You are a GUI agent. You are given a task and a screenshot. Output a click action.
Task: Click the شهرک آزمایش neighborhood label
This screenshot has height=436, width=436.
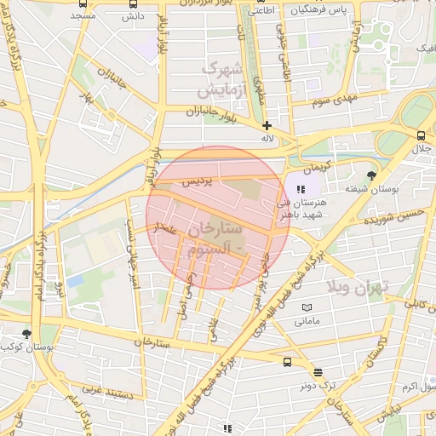pos(221,78)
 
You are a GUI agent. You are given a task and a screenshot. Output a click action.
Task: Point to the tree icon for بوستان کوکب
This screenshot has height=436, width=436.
pos(27,333)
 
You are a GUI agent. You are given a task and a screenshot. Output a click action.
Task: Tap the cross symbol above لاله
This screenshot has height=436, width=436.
pos(267,125)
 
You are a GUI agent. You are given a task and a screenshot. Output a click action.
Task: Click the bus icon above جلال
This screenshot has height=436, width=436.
pos(421,135)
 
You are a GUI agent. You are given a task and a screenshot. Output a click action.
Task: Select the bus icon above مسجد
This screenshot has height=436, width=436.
pos(82,3)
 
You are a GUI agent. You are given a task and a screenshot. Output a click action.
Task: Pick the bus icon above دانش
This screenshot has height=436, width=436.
pos(133,3)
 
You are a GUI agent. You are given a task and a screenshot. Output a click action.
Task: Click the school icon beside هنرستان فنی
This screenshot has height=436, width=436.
pos(300,188)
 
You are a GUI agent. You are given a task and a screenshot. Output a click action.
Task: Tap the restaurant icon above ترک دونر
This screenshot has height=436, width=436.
pos(318,372)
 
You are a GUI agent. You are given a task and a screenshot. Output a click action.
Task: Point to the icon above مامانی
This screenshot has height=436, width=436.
pos(307,307)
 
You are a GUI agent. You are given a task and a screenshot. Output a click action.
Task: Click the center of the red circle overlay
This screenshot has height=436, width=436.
pos(217,217)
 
